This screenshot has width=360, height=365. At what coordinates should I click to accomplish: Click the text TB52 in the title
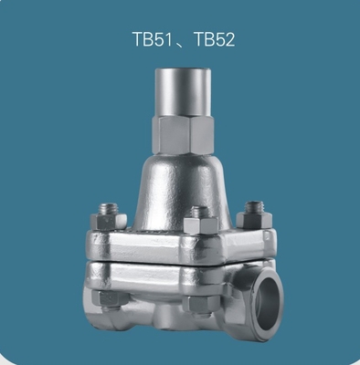214,40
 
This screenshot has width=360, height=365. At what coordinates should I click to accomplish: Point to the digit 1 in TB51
168,40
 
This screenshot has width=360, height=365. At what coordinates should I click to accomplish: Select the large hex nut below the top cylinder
182,134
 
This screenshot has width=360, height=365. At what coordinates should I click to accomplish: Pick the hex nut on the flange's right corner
253,221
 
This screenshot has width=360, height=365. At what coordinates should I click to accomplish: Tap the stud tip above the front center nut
199,213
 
